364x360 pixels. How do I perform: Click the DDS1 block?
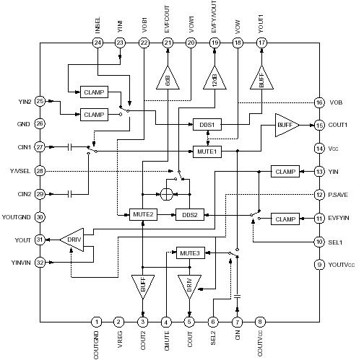coord(208,124)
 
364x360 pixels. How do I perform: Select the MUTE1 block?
coord(208,151)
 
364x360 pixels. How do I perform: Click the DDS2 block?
coord(191,214)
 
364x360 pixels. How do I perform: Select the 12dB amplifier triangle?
coord(214,77)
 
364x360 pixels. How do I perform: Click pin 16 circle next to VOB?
coord(318,102)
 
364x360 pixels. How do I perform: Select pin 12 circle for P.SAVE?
coord(318,195)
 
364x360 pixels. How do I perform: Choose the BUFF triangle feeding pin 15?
coord(286,125)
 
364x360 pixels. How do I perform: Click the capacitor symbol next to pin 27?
coord(70,147)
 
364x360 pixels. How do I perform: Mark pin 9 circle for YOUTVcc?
coord(318,265)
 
